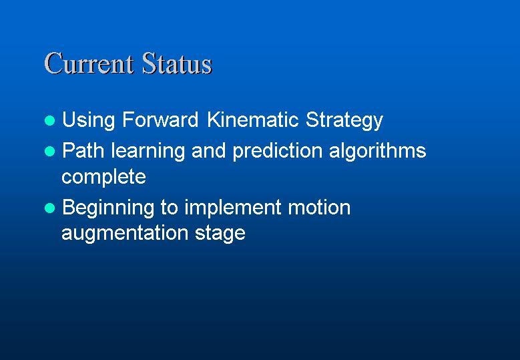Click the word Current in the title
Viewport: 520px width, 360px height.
click(89, 63)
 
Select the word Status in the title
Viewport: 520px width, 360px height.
click(177, 63)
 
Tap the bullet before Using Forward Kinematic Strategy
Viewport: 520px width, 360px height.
click(50, 120)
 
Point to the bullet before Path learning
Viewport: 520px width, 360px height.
click(50, 152)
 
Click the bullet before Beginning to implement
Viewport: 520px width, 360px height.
click(50, 208)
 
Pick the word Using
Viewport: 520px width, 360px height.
click(89, 120)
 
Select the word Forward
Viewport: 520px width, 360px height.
click(160, 120)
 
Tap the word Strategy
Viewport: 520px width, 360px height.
click(344, 121)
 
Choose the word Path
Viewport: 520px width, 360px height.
click(83, 150)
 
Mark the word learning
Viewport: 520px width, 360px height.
click(148, 152)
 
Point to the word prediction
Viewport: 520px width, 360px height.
click(278, 152)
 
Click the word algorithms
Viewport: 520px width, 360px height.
click(377, 152)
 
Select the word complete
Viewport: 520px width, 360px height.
click(104, 177)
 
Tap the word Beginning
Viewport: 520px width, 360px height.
click(108, 208)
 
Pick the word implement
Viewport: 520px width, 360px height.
click(233, 208)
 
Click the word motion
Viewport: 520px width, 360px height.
click(319, 207)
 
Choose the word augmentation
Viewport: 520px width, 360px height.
click(125, 234)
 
